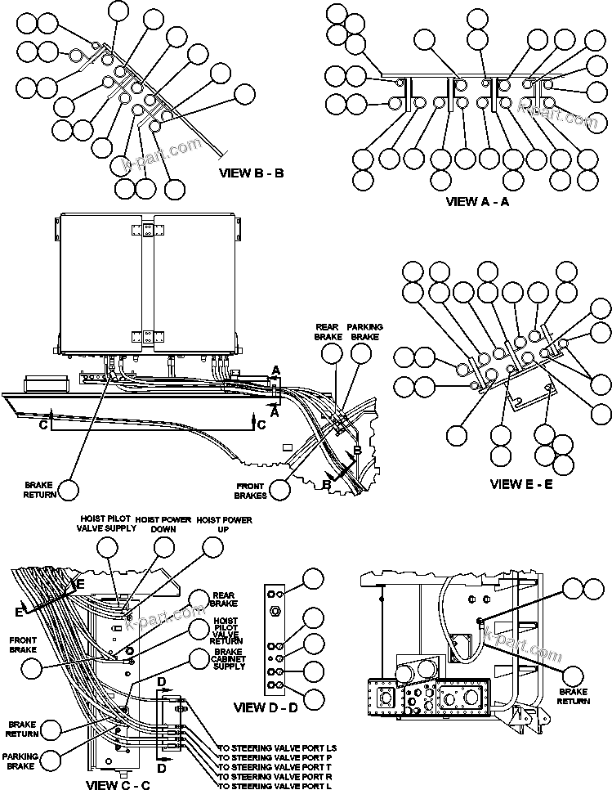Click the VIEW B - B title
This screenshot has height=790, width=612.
click(251, 173)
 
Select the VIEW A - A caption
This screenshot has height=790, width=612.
click(477, 201)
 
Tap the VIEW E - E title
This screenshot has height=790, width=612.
click(521, 484)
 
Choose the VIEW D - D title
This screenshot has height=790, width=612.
click(266, 707)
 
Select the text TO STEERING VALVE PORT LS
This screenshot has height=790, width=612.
click(278, 748)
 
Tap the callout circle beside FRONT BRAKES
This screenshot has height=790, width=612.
click(281, 490)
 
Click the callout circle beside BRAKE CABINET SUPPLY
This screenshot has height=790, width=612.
click(199, 658)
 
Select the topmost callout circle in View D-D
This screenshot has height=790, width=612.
click(313, 580)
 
